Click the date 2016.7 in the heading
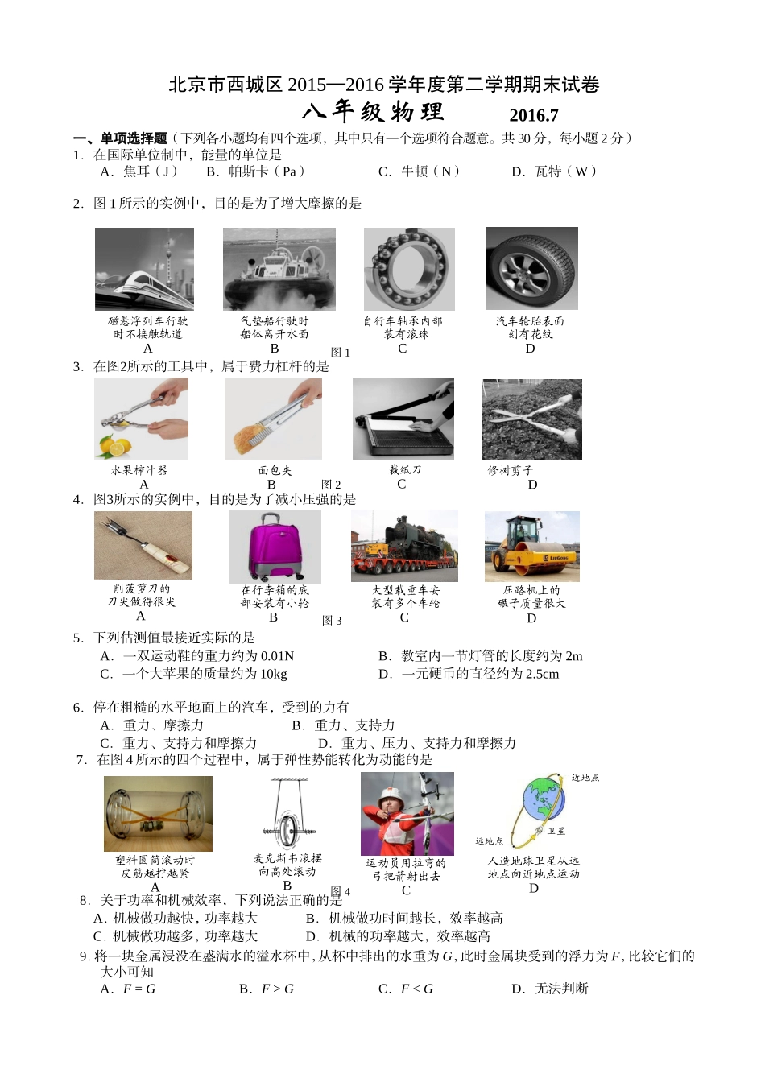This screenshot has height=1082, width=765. coord(533,115)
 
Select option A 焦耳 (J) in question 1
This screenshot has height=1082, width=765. coord(139,171)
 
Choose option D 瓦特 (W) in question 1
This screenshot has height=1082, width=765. coord(554,171)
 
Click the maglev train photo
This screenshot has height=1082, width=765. coord(144,269)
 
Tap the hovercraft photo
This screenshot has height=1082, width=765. coord(279,269)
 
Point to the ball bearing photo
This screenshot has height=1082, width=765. coord(409,269)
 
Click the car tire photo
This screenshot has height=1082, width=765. coord(531,269)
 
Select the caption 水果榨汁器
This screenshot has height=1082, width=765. coord(139,470)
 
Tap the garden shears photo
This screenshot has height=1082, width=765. coord(531,419)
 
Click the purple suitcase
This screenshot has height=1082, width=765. coord(275,547)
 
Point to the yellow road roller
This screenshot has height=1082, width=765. coord(531,547)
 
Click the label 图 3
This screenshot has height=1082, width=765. coord(332,621)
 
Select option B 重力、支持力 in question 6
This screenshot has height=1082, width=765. coord(343,725)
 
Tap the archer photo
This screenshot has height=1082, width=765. coord(407,814)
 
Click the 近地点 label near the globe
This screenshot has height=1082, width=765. coord(585,778)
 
